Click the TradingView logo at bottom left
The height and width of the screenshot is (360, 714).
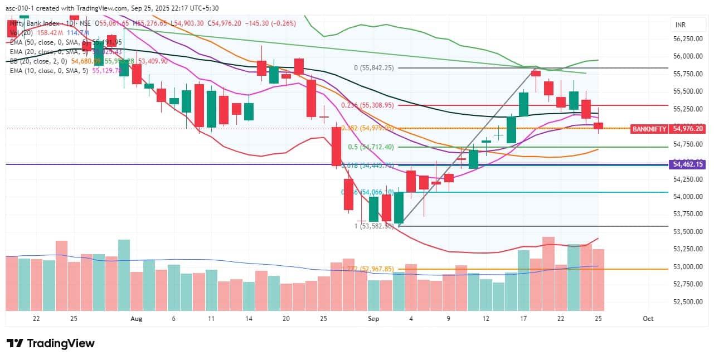(50, 343)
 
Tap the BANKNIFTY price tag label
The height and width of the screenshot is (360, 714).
(649, 129)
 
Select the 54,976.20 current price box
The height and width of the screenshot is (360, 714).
(689, 129)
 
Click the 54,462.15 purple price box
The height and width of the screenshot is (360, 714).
(689, 164)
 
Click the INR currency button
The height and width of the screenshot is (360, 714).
(680, 26)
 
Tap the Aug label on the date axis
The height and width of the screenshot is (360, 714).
(136, 319)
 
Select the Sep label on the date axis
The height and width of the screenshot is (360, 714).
(373, 319)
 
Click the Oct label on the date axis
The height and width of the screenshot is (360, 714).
(648, 319)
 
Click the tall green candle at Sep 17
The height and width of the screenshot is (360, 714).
(523, 104)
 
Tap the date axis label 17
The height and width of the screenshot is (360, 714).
(523, 319)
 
